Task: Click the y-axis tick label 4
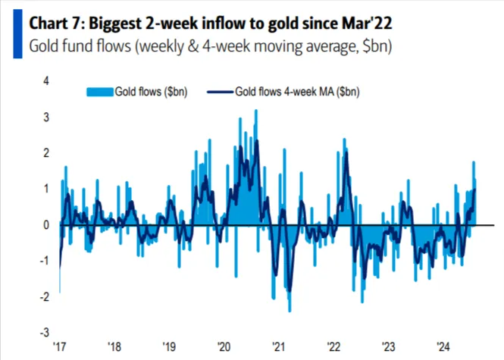pos(46,81)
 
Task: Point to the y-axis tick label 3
pos(46,117)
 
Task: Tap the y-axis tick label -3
pos(44,333)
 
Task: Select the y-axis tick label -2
pos(44,296)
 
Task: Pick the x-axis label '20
pos(224,348)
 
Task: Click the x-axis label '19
pos(169,348)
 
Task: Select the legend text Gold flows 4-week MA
pos(295,92)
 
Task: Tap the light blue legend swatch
pos(98,92)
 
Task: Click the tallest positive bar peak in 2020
pos(255,111)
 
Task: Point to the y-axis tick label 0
pos(46,225)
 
